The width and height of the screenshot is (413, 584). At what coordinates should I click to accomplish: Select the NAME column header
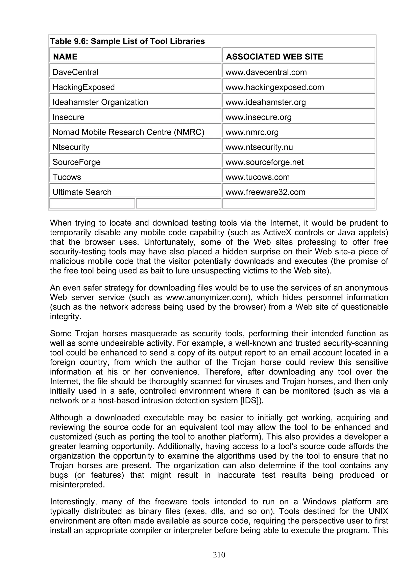point(65,56)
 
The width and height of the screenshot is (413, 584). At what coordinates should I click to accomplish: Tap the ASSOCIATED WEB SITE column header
point(274,56)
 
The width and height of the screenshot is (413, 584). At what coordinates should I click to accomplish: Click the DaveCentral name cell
point(75,72)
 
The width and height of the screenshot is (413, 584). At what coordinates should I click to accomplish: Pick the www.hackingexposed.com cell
point(275,87)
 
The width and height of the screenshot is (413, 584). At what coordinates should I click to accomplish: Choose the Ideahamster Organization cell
point(100,102)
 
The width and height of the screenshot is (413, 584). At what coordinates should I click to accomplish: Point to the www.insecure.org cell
point(258,117)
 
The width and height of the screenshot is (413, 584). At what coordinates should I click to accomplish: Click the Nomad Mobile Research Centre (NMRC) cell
point(128,132)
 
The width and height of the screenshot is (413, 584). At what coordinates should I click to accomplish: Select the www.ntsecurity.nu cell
point(259,147)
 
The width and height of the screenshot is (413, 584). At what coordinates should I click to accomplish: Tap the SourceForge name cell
point(76,162)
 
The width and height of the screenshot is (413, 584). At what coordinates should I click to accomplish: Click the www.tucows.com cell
point(258,177)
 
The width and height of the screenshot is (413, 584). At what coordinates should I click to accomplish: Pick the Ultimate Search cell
point(82,192)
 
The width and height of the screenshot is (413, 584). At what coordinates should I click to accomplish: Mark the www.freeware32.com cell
point(265,192)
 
